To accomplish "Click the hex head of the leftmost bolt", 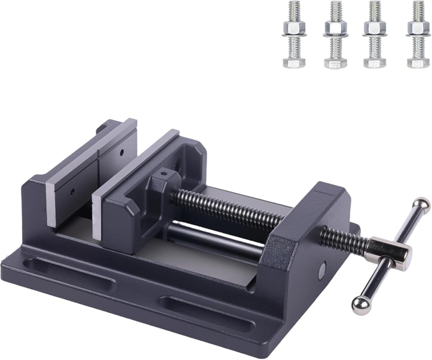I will point(294,62).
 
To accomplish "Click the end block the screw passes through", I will point(311,225).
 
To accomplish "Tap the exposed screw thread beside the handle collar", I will point(345,238).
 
